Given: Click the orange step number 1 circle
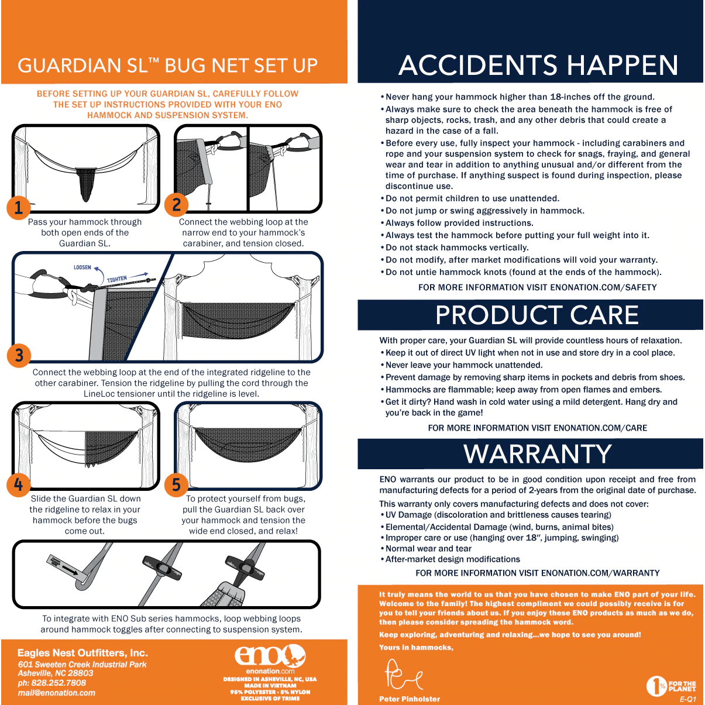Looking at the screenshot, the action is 18,208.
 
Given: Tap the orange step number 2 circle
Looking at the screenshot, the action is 176,205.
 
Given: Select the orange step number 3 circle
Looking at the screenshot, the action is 19,355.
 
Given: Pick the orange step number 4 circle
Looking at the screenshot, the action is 18,485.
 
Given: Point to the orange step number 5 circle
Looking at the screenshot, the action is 176,485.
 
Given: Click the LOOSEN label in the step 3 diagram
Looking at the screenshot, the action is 82,267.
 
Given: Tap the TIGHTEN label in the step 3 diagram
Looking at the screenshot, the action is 117,279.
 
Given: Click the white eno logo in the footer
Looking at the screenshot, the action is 270,656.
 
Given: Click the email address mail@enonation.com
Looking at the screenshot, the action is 56,693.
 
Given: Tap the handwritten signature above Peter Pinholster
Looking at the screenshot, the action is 404,674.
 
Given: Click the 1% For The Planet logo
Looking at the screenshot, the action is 671,686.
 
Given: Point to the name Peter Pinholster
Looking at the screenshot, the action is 410,699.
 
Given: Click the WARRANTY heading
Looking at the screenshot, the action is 538,454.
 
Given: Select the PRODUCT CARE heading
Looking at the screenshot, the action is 537,315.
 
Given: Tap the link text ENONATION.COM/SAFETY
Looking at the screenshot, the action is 603,288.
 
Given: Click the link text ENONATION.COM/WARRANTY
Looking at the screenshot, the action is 600,573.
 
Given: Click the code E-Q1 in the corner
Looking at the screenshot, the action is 688,700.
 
